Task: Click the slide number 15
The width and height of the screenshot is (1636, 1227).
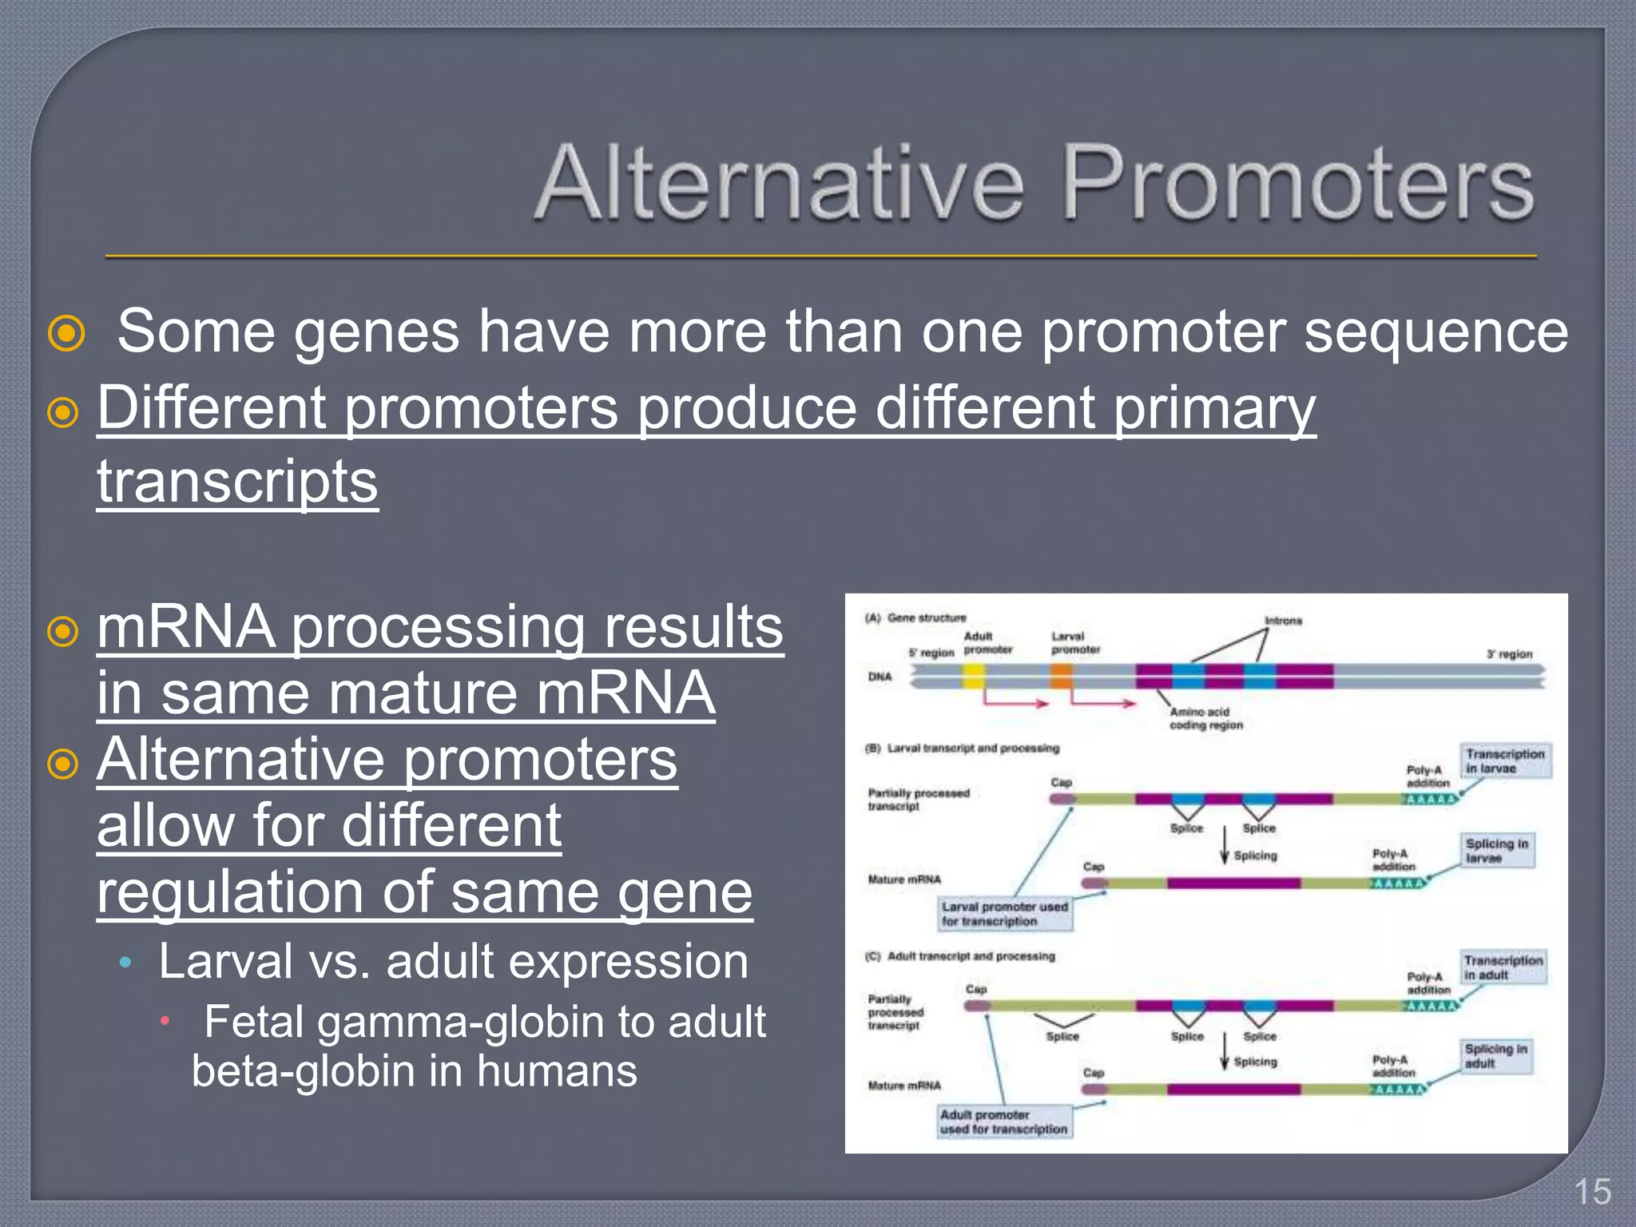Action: pyautogui.click(x=1592, y=1192)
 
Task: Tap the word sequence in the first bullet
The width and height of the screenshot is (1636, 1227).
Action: pyautogui.click(x=1435, y=332)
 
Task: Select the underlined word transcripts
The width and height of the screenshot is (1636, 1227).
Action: pyautogui.click(x=237, y=482)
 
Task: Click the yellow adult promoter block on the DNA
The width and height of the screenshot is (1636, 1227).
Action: pyautogui.click(x=973, y=677)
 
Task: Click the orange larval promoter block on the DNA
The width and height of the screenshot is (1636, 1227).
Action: pyautogui.click(x=1061, y=677)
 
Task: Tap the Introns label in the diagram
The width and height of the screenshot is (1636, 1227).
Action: pyautogui.click(x=1283, y=621)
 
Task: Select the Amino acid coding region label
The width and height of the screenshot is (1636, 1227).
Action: pyautogui.click(x=1205, y=718)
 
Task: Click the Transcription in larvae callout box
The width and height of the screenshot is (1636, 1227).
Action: pyautogui.click(x=1505, y=760)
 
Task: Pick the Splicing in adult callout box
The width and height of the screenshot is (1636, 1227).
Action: pyautogui.click(x=1496, y=1055)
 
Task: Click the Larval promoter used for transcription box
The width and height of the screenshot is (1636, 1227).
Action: pyautogui.click(x=1004, y=914)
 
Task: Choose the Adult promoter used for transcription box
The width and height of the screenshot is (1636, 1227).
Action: pyautogui.click(x=1003, y=1122)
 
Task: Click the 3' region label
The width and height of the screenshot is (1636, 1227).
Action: pyautogui.click(x=1509, y=654)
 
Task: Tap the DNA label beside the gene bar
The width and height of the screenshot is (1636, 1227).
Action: pyautogui.click(x=880, y=677)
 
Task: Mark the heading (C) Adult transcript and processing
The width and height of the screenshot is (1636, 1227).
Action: pyautogui.click(x=960, y=956)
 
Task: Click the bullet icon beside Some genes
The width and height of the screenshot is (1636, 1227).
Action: pyautogui.click(x=66, y=333)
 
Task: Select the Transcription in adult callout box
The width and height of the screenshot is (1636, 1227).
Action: pyautogui.click(x=1503, y=967)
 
